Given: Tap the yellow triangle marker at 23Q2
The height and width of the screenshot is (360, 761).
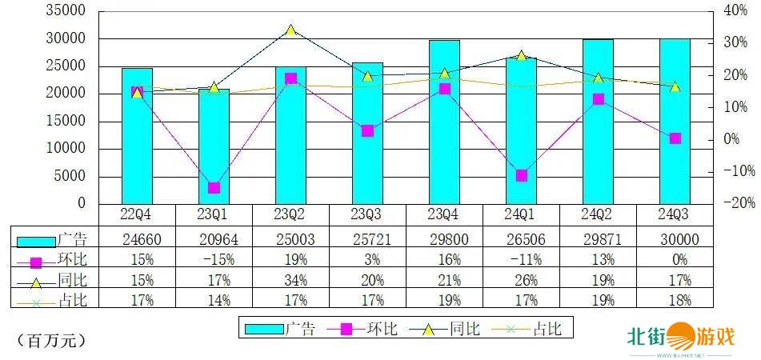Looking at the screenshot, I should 290,30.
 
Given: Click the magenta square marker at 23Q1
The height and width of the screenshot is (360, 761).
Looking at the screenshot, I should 214,188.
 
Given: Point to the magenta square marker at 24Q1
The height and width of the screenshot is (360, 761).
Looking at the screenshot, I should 521,175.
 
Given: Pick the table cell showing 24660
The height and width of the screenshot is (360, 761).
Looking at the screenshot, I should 137,238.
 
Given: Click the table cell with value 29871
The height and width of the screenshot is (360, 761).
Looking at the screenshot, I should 598,238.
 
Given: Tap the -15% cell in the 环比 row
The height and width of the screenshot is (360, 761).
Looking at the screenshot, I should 214,258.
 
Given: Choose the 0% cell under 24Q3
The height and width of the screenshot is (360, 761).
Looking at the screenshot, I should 675,258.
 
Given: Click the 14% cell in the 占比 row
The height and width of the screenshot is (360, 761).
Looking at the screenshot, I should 214,300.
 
